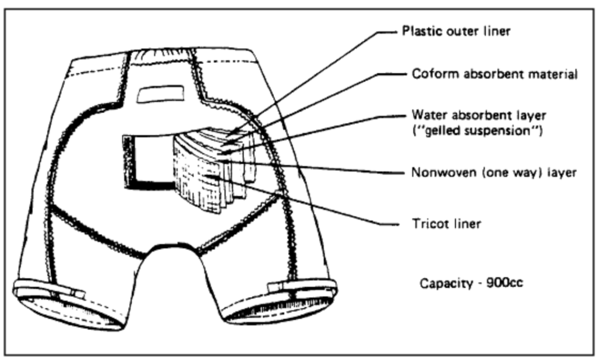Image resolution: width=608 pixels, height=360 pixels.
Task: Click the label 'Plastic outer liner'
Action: click(x=455, y=31)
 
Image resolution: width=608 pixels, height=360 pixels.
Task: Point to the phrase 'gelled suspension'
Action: click(x=476, y=133)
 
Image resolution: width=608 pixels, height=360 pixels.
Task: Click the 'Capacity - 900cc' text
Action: click(x=471, y=282)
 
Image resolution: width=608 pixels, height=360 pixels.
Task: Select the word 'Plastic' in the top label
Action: click(x=417, y=31)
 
